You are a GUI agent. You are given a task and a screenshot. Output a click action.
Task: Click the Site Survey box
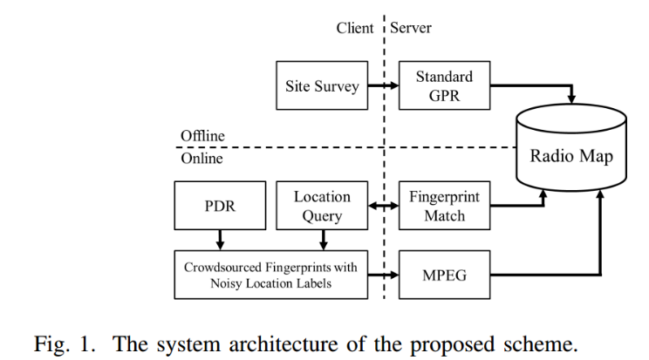(322, 85)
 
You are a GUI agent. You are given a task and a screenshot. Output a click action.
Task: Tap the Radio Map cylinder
(572, 157)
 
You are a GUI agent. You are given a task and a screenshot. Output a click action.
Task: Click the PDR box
(219, 207)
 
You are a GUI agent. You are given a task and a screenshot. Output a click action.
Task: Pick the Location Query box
(322, 207)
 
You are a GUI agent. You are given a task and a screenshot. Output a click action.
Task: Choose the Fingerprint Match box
(444, 207)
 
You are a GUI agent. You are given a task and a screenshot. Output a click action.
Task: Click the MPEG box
(444, 275)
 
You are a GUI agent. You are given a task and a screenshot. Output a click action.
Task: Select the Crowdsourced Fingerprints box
(270, 275)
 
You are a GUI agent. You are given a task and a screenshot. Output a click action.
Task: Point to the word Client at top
(356, 28)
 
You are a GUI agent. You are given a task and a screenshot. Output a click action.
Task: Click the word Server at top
(412, 28)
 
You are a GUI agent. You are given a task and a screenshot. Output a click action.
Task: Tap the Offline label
(202, 136)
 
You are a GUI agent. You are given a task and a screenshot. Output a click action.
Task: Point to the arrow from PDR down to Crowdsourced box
(219, 240)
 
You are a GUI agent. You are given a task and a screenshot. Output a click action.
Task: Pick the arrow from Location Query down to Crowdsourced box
(322, 240)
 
